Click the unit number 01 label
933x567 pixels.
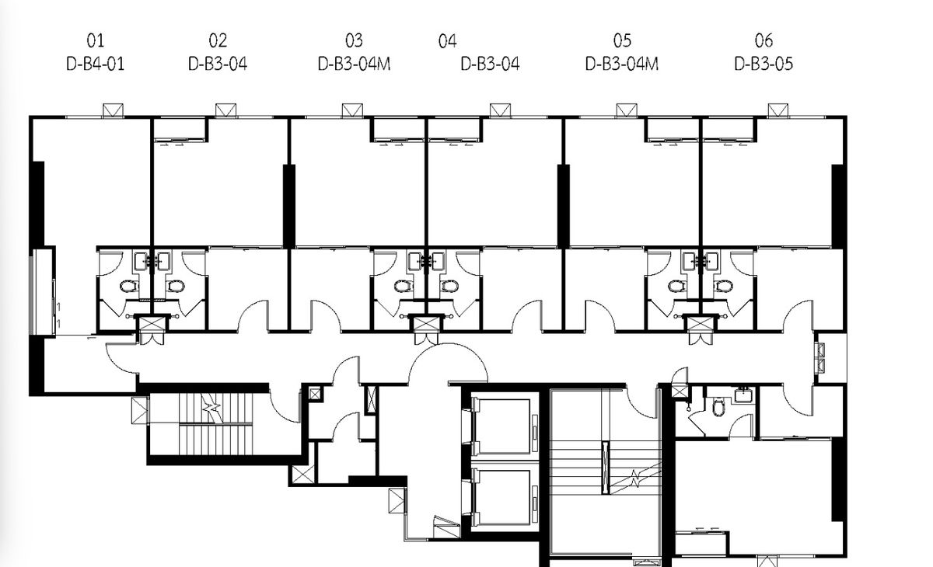tap(96, 40)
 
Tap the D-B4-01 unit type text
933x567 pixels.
tap(96, 64)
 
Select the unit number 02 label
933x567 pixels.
tap(218, 40)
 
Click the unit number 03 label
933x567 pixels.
tap(354, 40)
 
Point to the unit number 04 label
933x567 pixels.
tap(447, 40)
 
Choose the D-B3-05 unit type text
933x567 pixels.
tap(764, 64)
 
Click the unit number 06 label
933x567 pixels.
tap(764, 40)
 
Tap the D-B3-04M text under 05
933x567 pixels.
tap(622, 64)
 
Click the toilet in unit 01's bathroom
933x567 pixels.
tap(129, 286)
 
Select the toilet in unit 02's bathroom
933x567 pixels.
tap(176, 286)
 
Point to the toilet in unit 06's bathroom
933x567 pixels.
tap(724, 286)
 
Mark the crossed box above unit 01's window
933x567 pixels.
tap(113, 110)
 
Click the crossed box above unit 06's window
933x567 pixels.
tap(778, 110)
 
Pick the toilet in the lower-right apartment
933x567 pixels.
tap(718, 407)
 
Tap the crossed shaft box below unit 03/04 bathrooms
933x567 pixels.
tap(427, 323)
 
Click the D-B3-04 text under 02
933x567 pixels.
tap(218, 64)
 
